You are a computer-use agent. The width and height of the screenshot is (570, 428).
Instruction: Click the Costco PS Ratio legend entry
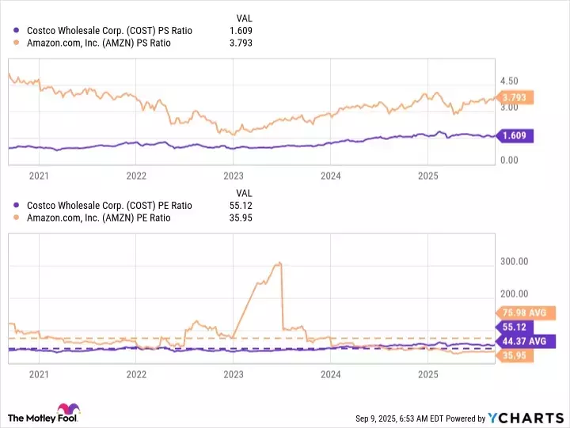108,30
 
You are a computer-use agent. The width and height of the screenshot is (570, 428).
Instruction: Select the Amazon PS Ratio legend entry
98,43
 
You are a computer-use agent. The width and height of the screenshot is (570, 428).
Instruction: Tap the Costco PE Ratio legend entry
108,205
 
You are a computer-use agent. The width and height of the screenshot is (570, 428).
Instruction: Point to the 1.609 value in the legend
240,30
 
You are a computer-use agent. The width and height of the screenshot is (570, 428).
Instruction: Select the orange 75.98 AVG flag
524,312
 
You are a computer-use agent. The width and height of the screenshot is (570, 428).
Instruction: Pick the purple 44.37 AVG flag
524,340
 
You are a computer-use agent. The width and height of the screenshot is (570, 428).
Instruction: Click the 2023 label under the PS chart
234,175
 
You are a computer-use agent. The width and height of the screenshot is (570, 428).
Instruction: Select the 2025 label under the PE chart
427,373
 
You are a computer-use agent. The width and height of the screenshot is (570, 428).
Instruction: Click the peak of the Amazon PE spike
279,263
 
